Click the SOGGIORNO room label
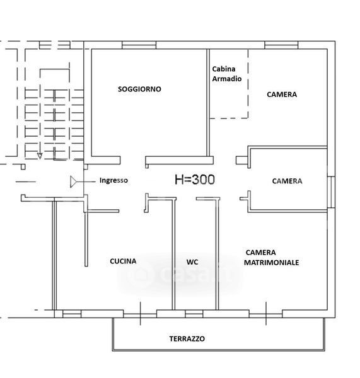coord(139,89)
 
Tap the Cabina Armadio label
coord(226,74)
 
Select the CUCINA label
coord(123,261)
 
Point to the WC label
coord(192,262)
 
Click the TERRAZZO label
coord(187,339)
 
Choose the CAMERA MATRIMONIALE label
coord(272,258)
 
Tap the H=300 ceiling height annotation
coord(195,180)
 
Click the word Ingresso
coord(113,180)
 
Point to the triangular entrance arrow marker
coord(73,182)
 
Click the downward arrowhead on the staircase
coord(40,156)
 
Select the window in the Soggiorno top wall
coord(139,45)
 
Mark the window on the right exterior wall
coord(331,192)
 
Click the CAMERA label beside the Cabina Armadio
coord(282,94)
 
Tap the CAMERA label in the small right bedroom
coord(287,181)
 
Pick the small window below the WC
coord(194,314)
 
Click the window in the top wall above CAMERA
coord(281,45)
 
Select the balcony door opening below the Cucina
coord(140,314)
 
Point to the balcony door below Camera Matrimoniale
coord(266,314)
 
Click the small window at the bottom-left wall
coord(72,314)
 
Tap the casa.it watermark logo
coord(180,274)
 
